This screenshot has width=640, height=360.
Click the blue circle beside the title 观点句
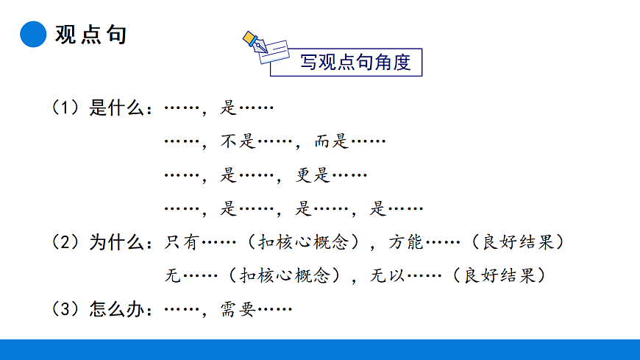32,34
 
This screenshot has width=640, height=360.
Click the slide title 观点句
90,34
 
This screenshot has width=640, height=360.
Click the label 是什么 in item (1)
116,109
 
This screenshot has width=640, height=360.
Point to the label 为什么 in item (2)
116,242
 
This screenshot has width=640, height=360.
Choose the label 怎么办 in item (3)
116,310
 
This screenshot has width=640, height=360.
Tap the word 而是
331,141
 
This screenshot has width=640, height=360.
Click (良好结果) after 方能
518,242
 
